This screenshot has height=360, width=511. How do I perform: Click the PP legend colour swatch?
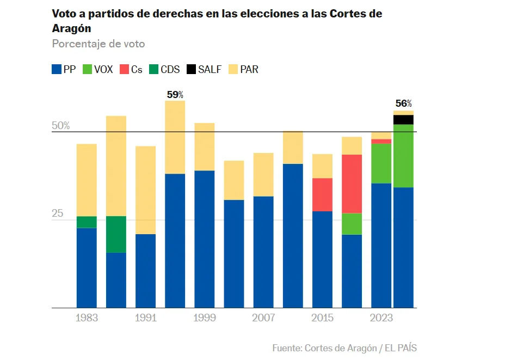coord(56,70)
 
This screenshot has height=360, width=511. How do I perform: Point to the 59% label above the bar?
coord(175,95)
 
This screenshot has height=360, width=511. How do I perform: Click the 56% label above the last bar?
coord(403,103)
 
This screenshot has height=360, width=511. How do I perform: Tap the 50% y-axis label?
coord(61,126)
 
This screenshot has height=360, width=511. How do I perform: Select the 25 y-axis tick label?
coord(58,213)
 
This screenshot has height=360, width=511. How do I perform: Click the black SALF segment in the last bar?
coord(403,120)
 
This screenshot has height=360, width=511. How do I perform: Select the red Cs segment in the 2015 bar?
coord(322,194)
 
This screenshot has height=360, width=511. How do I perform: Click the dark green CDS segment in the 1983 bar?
coord(87,222)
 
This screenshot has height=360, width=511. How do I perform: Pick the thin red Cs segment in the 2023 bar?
coord(381,141)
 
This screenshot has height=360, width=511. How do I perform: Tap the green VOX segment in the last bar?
coord(403,156)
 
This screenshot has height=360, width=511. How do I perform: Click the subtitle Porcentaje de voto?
coord(98,44)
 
